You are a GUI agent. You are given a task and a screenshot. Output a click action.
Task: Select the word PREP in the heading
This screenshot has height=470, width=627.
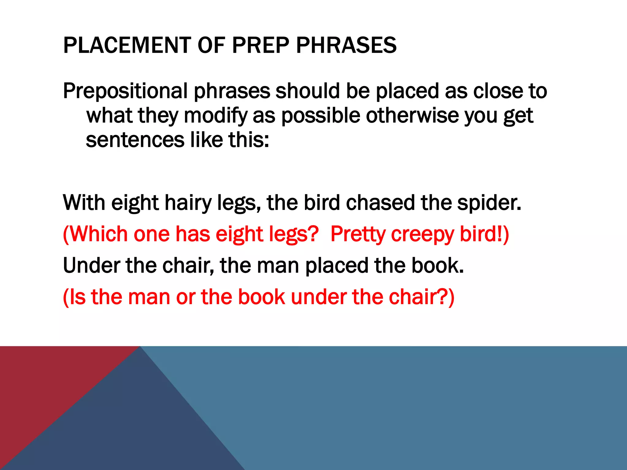click(261, 45)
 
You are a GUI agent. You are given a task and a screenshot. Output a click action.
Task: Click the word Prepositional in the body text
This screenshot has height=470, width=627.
click(126, 91)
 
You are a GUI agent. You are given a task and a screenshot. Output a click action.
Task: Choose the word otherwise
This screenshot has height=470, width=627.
click(412, 116)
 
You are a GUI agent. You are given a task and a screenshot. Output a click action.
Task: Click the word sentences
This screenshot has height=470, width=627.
click(135, 140)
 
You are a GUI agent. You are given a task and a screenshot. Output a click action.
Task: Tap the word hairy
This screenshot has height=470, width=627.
click(188, 203)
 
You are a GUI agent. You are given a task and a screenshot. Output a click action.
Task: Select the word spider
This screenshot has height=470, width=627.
click(489, 203)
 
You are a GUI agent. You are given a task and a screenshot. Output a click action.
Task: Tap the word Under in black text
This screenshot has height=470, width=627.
click(91, 265)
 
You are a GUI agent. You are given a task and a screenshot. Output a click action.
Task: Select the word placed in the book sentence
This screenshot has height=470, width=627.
click(337, 265)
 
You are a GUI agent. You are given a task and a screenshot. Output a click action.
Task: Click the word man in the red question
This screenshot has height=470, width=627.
click(149, 297)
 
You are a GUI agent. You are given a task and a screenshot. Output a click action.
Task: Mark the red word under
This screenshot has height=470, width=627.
click(318, 297)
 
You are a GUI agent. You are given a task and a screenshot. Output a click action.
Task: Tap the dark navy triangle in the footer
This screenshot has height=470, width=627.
click(129, 428)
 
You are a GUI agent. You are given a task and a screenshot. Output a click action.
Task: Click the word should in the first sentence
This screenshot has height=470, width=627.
click(307, 91)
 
